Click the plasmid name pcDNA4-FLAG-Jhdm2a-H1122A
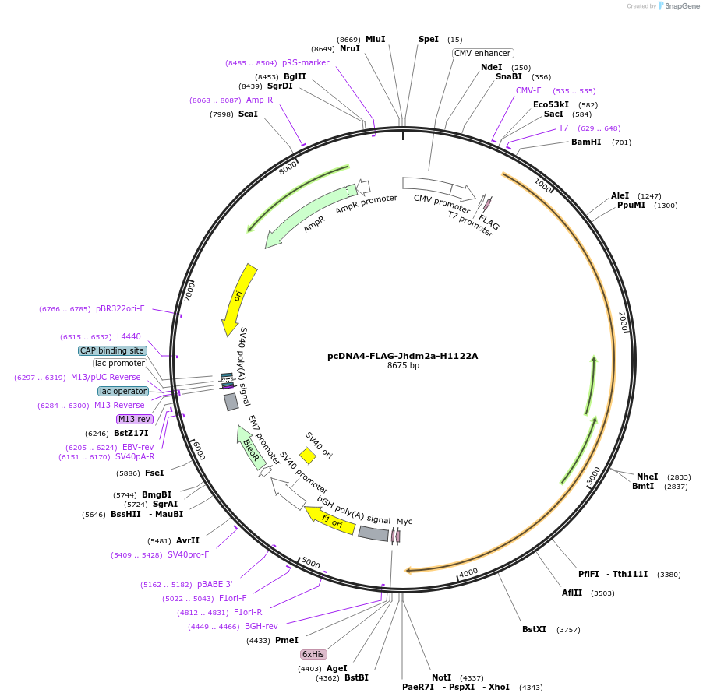402,356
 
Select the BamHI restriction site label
586,142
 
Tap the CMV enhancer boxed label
482,53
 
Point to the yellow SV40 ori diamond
308,456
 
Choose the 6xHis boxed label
313,654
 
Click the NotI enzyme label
441,677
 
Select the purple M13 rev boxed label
134,419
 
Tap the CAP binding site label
112,350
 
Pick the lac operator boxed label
123,391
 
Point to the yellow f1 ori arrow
330,522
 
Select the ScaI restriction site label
248,114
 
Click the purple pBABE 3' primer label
214,584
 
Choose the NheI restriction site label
647,477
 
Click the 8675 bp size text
402,366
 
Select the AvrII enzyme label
187,540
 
